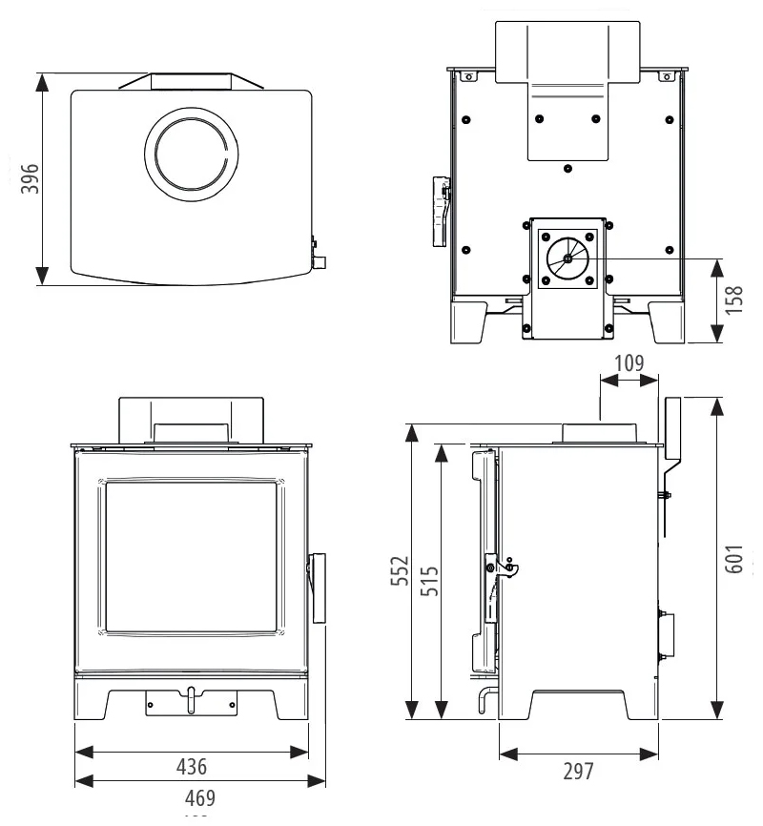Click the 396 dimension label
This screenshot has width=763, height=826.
tap(29, 178)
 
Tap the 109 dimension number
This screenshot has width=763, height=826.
tap(629, 362)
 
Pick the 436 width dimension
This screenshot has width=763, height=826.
tap(192, 766)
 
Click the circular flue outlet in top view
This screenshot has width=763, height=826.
tap(192, 155)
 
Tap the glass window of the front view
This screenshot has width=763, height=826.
tap(192, 557)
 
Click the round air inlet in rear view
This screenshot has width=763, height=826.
tap(567, 258)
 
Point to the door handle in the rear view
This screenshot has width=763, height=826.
tap(440, 210)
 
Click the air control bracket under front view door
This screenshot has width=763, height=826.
tap(190, 703)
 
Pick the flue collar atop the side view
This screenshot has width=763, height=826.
tap(600, 432)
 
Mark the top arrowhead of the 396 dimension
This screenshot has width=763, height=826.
tap(41, 78)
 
